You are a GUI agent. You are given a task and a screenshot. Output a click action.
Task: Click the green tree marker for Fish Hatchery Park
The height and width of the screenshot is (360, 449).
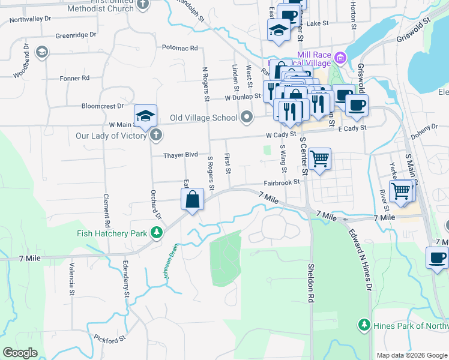(x=156, y=233)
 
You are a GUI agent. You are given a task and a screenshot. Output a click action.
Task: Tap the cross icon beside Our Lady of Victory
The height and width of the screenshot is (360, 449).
(x=156, y=135)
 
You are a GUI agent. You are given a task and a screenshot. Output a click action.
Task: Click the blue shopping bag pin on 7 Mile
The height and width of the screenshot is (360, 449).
(x=193, y=199)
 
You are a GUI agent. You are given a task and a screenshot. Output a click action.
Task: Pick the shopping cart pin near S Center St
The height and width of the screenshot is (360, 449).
(x=320, y=160)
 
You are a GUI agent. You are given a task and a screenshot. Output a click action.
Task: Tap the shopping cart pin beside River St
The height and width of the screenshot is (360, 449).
(x=400, y=192)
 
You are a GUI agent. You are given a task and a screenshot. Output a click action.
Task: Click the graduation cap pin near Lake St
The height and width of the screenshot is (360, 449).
(x=279, y=30)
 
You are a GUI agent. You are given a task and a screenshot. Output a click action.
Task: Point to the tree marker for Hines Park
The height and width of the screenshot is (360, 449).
(x=364, y=325)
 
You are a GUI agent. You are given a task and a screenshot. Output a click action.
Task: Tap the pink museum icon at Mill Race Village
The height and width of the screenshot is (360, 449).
(x=340, y=58)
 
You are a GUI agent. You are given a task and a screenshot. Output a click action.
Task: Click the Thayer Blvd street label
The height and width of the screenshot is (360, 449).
(x=181, y=155)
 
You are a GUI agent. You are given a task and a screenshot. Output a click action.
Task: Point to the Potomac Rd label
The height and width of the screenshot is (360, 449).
(x=179, y=48)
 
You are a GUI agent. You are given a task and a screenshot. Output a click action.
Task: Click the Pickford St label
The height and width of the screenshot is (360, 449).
(x=109, y=338)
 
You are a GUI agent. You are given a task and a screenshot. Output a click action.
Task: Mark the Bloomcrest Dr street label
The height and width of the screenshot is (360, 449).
(x=102, y=106)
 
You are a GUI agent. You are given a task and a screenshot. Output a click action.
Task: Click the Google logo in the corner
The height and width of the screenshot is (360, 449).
(x=20, y=353)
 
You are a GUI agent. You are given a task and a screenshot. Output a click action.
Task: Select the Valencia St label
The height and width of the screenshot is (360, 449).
(x=71, y=280)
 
